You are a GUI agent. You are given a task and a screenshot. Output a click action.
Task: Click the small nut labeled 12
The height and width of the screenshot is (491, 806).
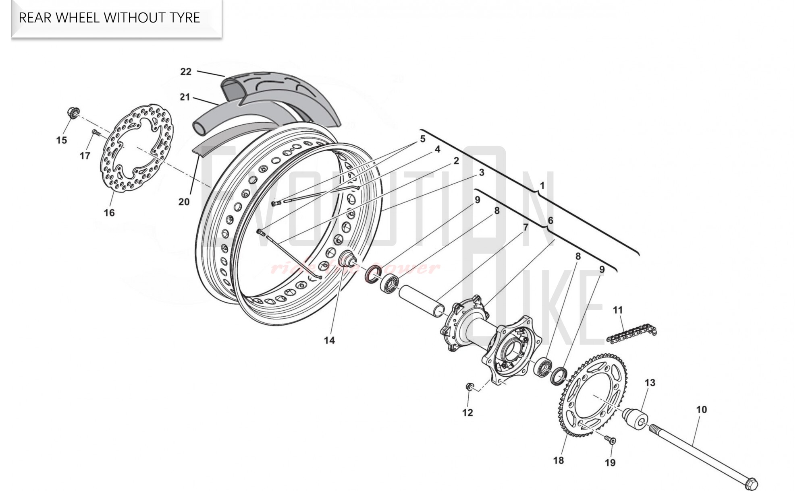point(469,387)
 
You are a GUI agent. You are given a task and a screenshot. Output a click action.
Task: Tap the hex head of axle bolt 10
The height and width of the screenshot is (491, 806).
point(752,483)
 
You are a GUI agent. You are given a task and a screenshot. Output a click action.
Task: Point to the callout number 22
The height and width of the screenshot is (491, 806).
point(186,72)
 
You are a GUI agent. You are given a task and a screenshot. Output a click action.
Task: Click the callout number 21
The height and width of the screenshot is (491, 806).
point(185,97)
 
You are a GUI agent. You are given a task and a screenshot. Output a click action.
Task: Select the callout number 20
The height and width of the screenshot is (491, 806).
point(184,202)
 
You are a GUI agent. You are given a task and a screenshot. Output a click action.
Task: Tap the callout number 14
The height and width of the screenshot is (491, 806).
point(329,340)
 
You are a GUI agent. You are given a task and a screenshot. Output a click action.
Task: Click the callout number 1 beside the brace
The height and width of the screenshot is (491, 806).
point(542,186)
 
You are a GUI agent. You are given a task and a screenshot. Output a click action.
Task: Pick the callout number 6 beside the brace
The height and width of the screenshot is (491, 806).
point(550,221)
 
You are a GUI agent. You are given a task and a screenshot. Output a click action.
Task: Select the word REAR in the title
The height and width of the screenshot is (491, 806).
point(35,18)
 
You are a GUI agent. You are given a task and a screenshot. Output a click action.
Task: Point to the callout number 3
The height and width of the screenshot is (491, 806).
point(481,173)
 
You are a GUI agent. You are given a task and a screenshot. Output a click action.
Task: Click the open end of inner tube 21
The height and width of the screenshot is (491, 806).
point(199,128)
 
